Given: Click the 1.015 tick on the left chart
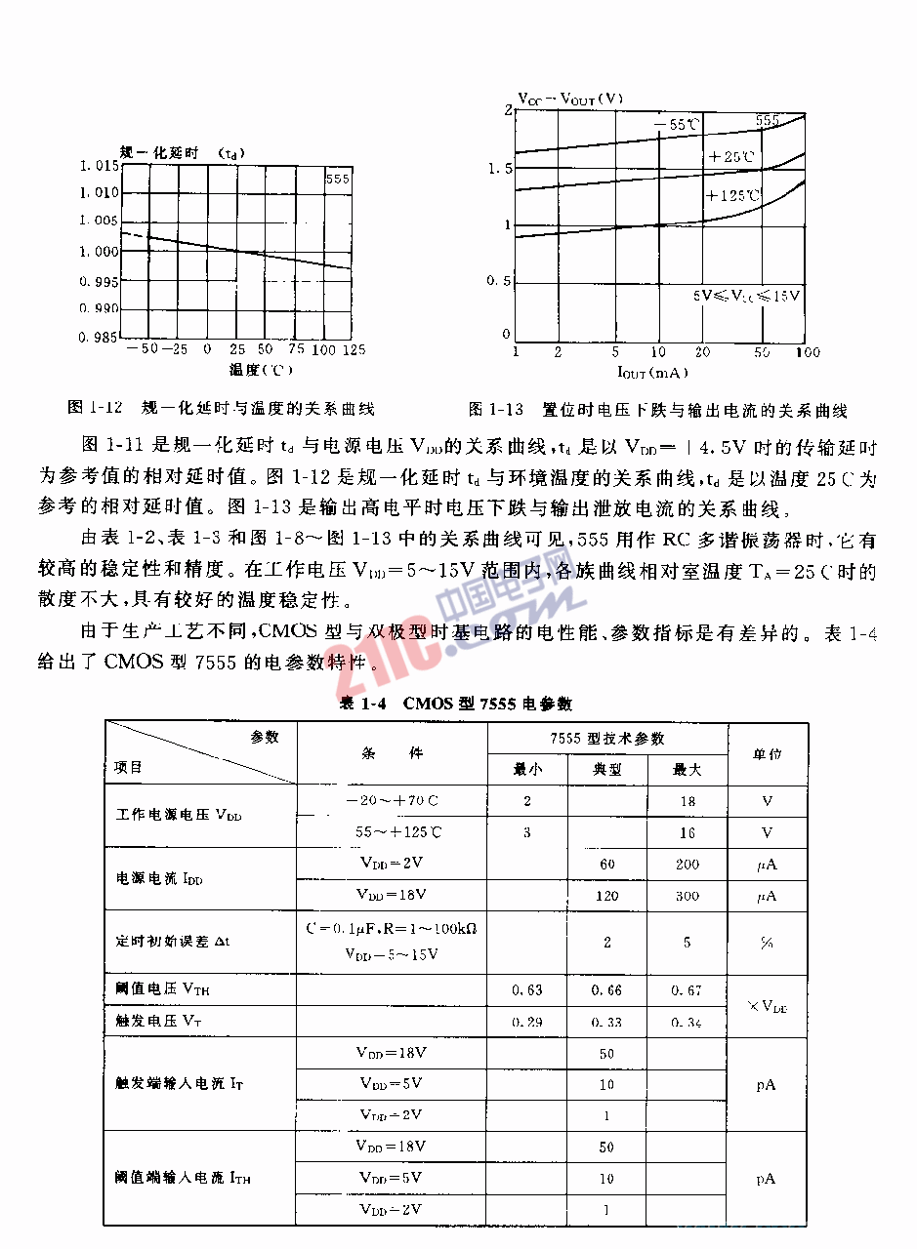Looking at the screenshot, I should (101, 166).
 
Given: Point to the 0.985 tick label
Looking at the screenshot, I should (101, 338).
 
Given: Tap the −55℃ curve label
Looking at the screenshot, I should (677, 124).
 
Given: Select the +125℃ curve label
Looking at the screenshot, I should (732, 195).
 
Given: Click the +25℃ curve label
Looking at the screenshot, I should (731, 156).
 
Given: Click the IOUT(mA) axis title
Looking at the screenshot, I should (651, 372).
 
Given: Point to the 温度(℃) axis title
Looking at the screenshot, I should (261, 370).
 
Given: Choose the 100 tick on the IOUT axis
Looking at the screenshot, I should (807, 352).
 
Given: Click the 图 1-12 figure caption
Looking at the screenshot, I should (222, 408).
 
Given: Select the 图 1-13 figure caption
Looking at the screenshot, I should (657, 410).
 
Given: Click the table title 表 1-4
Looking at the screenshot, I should (455, 704).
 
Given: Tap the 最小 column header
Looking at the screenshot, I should (527, 769).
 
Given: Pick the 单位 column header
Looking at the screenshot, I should (767, 754).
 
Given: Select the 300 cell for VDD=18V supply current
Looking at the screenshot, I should (688, 896).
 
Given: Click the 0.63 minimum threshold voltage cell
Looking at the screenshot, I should (527, 990).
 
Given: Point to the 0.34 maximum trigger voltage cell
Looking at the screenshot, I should (688, 1022).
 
